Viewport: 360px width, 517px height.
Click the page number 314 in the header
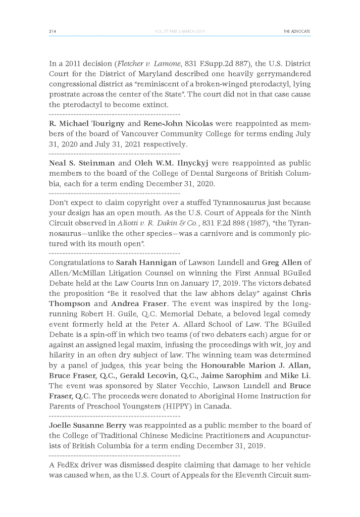(x=52, y=31)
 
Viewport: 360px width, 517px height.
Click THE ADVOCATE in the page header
(x=297, y=31)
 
